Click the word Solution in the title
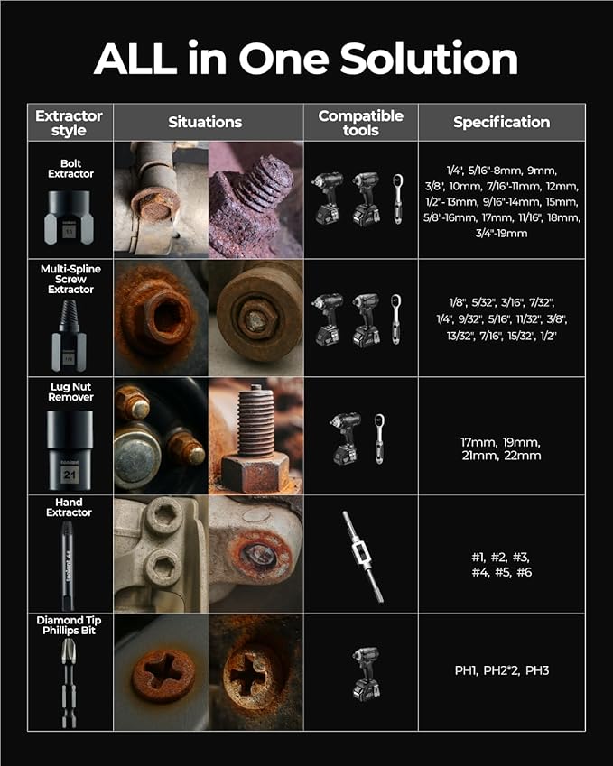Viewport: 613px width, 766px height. (428, 59)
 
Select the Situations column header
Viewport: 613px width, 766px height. (205, 122)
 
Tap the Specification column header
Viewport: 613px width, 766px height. (502, 122)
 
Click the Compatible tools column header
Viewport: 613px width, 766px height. (361, 123)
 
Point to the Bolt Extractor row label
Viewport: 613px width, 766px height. (70, 169)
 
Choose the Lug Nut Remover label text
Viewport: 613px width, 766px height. (70, 392)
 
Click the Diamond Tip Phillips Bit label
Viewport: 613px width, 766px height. (69, 625)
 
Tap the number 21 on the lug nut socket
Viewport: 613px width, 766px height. (70, 475)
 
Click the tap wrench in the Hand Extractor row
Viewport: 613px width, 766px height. (363, 557)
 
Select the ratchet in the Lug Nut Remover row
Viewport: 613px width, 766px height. (379, 438)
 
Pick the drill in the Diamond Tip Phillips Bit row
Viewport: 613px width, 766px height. (366, 673)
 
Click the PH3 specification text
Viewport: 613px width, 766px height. (537, 670)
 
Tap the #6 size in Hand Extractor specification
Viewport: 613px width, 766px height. (524, 572)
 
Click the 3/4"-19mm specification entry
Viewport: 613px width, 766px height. (502, 233)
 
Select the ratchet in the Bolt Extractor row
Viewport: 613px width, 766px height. (398, 198)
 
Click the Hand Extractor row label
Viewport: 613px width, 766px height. (69, 507)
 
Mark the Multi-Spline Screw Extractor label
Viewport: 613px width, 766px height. (70, 279)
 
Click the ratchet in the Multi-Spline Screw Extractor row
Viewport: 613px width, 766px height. (396, 319)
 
